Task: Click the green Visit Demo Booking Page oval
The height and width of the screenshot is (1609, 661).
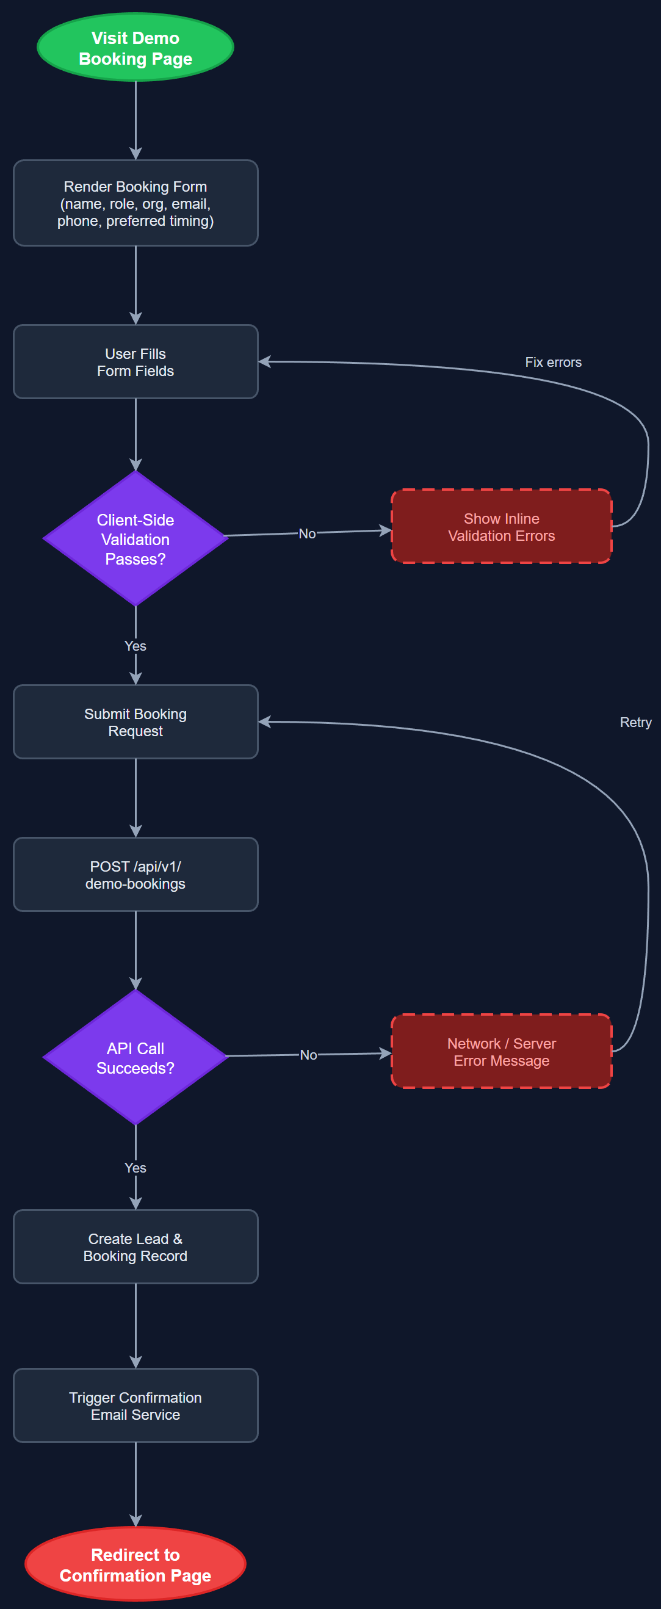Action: [x=135, y=48]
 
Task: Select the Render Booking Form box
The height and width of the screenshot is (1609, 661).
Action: [x=135, y=203]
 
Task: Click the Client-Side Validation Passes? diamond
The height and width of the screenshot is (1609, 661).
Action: [x=135, y=538]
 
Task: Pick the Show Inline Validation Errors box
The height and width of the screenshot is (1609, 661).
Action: [x=501, y=527]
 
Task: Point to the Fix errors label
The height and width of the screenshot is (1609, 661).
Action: [x=553, y=363]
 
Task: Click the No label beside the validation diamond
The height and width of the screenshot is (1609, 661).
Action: [x=307, y=533]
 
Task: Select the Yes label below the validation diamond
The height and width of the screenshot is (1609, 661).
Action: [x=135, y=646]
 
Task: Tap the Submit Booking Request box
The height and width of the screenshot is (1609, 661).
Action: [x=135, y=722]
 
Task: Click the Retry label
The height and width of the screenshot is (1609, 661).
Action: [x=635, y=722]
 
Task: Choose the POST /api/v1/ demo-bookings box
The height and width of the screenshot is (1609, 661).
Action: [x=135, y=875]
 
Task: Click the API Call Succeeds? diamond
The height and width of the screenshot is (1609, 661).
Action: [x=135, y=1057]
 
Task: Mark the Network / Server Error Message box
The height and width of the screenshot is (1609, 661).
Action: [x=501, y=1051]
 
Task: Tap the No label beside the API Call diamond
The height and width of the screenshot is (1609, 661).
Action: [x=308, y=1054]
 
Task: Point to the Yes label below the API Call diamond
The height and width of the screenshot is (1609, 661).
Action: [x=135, y=1168]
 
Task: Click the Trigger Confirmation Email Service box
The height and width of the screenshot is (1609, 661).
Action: [x=135, y=1405]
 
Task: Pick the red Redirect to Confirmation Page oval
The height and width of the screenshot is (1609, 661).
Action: [x=135, y=1564]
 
